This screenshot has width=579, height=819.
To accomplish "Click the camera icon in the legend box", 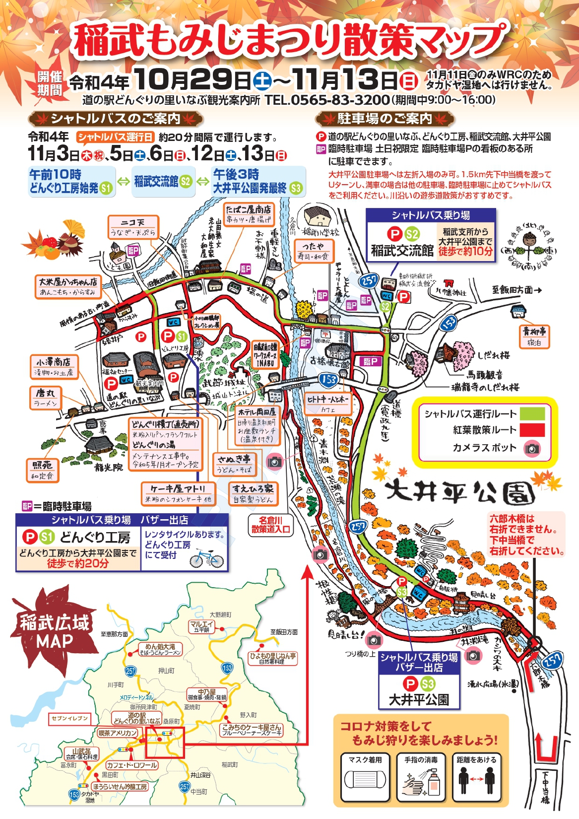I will pos(532,449).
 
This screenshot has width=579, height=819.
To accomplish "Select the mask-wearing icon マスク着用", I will pos(365,777).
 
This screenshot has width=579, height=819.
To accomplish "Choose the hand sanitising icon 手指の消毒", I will pos(421,777).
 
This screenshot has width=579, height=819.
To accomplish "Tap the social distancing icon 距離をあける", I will pos(476,777).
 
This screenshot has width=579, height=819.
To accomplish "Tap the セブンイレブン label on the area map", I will pos(69,718).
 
